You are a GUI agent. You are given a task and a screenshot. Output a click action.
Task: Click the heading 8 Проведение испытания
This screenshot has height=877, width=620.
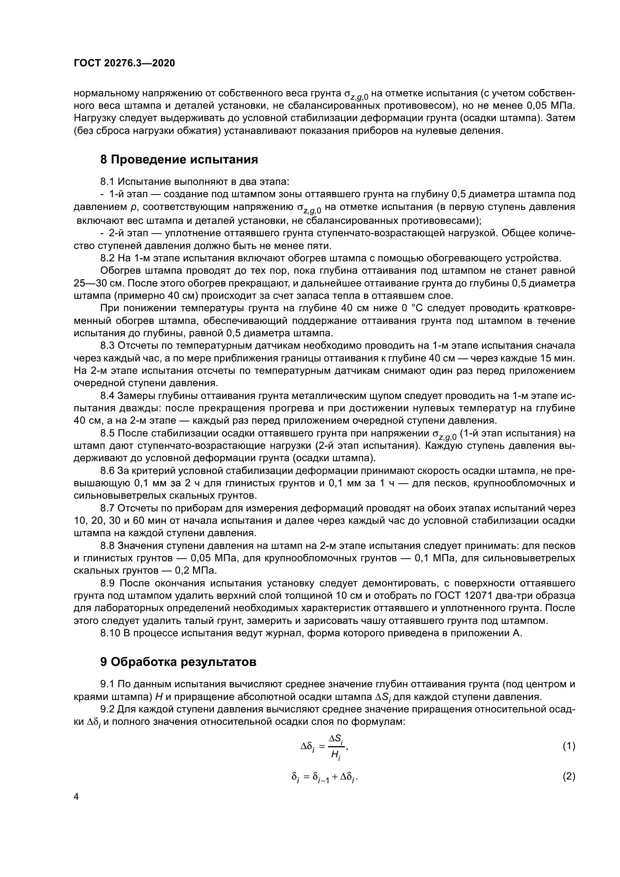point(179,159)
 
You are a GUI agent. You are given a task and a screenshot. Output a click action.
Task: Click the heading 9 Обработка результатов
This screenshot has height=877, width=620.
point(178,662)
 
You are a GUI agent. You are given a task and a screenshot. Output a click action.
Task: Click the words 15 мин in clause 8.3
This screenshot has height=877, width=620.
point(557,358)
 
